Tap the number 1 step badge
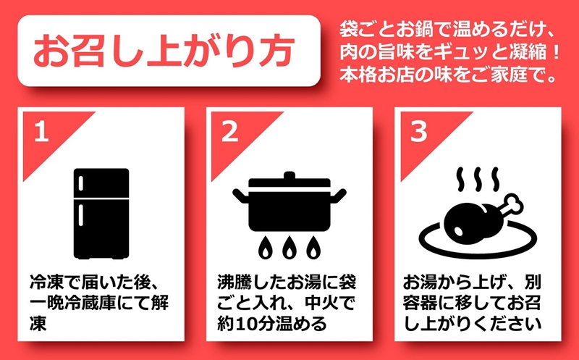(x=42, y=131)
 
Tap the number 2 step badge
(x=229, y=131)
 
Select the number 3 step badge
(x=417, y=131)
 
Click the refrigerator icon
(x=101, y=214)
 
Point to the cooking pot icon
(x=289, y=206)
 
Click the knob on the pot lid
(x=289, y=175)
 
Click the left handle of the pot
(x=240, y=194)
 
